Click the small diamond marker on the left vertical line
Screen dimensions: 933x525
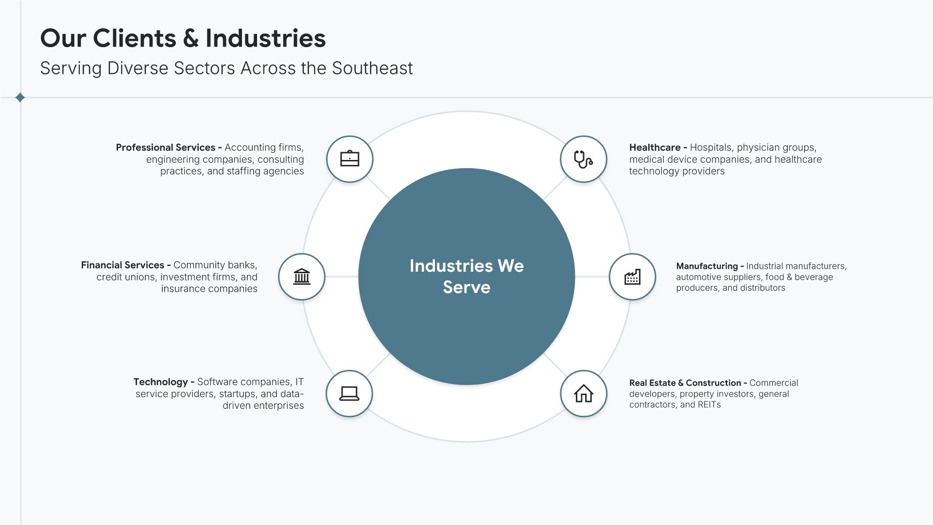pyautogui.click(x=20, y=98)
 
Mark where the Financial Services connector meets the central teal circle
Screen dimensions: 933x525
pyautogui.click(x=359, y=277)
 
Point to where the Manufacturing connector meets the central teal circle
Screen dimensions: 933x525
pyautogui.click(x=575, y=277)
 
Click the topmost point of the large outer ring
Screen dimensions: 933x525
pyautogui.click(x=466, y=112)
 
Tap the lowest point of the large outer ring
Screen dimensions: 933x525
pyautogui.click(x=466, y=441)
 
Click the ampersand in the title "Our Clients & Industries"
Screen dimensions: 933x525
pyautogui.click(x=191, y=38)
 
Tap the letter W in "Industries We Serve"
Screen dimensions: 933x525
pyautogui.click(x=505, y=266)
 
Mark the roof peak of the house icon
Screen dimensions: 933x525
pyautogui.click(x=584, y=385)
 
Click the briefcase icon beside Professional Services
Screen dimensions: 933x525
pyautogui.click(x=350, y=158)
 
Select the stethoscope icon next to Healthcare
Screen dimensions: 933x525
pyautogui.click(x=583, y=159)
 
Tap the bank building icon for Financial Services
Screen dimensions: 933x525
pyautogui.click(x=302, y=277)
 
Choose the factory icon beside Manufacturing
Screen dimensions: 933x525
pyautogui.click(x=632, y=277)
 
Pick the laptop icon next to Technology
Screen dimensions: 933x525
pyautogui.click(x=349, y=393)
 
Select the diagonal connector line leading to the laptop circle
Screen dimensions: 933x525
pyautogui.click(x=378, y=365)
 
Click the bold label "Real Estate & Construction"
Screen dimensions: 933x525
pyautogui.click(x=685, y=383)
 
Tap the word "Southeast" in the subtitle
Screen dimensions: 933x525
pyautogui.click(x=372, y=68)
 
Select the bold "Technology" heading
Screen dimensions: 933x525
pyautogui.click(x=161, y=382)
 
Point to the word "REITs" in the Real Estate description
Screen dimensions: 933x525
pyautogui.click(x=709, y=404)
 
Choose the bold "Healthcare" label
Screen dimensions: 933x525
pyautogui.click(x=655, y=147)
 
